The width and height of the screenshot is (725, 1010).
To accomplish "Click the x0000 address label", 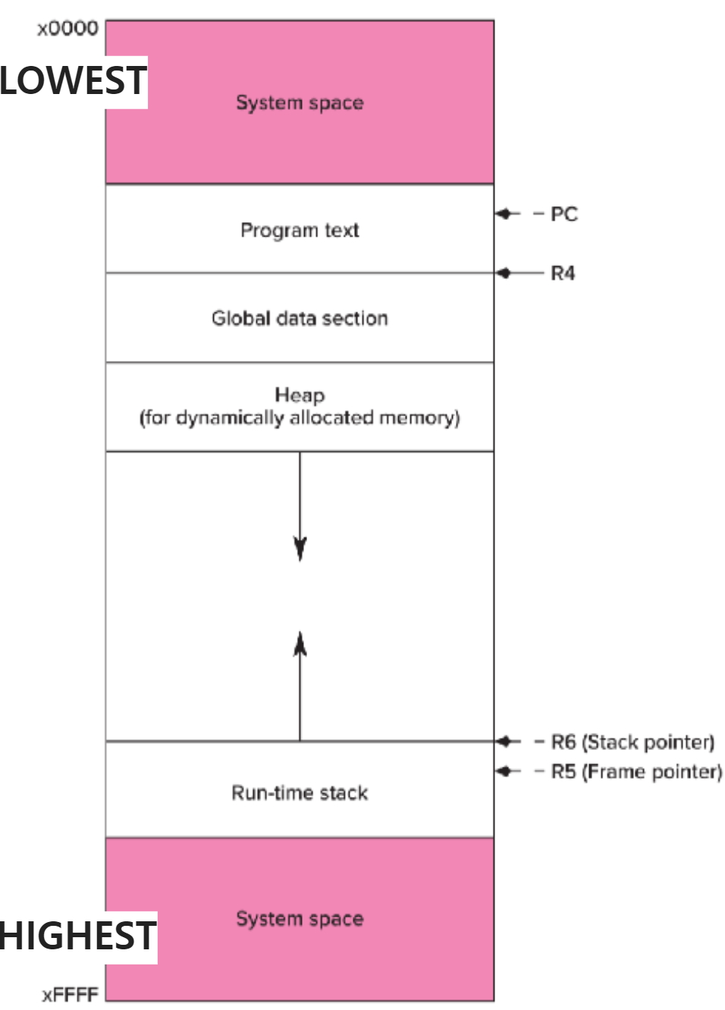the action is [67, 29].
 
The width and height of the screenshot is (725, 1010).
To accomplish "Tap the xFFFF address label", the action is [70, 994].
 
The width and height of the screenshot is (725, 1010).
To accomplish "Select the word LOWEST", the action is [73, 81].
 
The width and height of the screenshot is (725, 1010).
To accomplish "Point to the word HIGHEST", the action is [77, 936].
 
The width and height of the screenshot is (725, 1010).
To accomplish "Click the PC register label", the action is [563, 215].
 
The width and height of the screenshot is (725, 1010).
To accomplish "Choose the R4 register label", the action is [563, 273].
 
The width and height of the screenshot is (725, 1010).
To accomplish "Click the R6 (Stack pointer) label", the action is [632, 742].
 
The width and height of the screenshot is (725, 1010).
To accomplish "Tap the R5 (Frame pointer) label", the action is [636, 772].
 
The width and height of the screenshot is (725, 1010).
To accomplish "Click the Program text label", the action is [300, 231].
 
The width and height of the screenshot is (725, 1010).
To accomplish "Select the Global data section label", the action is [300, 318].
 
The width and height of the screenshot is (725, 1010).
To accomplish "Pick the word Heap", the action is [300, 395].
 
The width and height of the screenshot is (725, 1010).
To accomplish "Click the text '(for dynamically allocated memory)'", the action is [300, 418].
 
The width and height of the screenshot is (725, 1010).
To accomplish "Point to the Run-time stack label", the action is [300, 793].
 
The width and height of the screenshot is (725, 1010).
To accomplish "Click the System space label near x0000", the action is [300, 102].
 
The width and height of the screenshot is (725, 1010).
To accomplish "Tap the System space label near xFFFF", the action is [300, 919].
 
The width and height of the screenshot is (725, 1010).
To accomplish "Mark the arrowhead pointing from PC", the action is [504, 215].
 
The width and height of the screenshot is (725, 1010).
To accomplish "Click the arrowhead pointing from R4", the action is [504, 273].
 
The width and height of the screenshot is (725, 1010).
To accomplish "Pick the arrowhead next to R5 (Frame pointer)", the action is [504, 772].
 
